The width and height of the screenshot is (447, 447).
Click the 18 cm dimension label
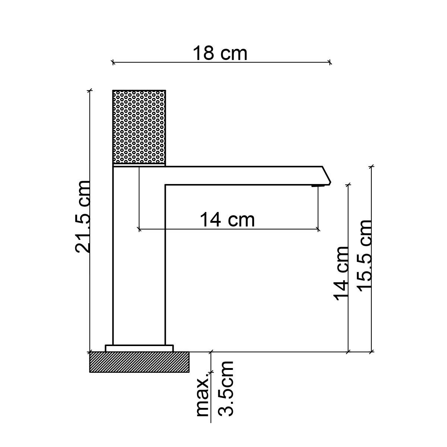click(220, 53)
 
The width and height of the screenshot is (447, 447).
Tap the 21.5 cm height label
click(83, 217)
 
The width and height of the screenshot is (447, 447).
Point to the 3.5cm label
click(226, 388)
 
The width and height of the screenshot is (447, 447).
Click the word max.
click(202, 397)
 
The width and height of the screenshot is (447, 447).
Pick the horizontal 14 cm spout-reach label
click(228, 219)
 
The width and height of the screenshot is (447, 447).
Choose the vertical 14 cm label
click(341, 273)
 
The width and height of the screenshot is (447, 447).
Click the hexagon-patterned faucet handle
click(139, 127)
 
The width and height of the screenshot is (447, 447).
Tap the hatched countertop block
click(139, 362)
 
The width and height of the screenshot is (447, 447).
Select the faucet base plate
click(139, 348)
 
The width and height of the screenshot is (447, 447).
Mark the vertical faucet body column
click(139, 261)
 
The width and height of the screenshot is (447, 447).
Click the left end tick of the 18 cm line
click(113, 62)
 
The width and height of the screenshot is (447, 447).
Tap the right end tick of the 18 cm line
click(330, 62)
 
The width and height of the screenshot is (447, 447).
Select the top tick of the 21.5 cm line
click(89, 90)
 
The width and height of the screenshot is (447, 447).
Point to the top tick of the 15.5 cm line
click(371, 167)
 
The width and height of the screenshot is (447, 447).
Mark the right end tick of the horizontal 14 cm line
click(318, 229)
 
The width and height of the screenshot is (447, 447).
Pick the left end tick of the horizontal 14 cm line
click(139, 229)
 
